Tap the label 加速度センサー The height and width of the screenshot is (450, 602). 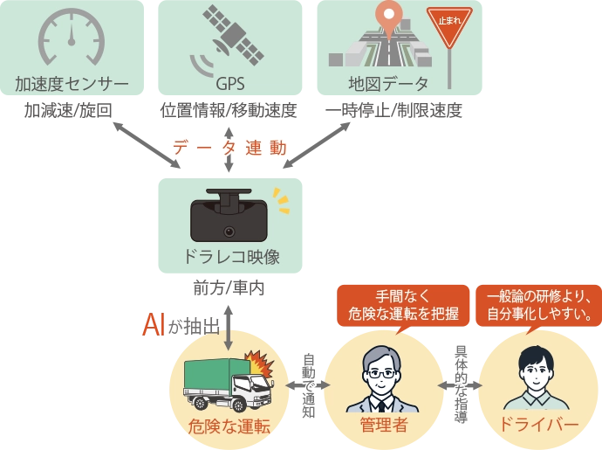72,85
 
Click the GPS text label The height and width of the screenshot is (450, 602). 229,85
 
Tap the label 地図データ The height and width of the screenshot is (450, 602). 388,85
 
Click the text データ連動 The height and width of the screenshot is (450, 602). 229,148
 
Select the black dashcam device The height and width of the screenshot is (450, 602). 229,217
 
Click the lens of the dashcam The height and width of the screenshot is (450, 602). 229,232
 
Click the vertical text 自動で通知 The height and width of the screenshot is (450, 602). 308,385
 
